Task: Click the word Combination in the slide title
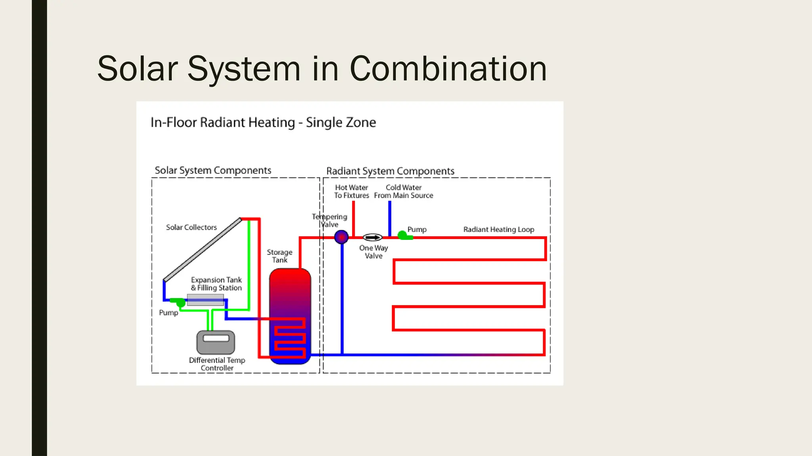pos(448,69)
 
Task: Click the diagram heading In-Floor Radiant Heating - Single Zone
pos(263,122)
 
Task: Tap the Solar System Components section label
pos(213,170)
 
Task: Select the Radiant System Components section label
pos(390,171)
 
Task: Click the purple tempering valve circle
pos(341,237)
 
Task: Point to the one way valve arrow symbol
pos(373,237)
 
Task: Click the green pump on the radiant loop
pos(403,236)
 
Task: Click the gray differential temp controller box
pos(216,342)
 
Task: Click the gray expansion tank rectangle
pos(205,300)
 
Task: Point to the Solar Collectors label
pos(192,227)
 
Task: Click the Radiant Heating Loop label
pos(499,230)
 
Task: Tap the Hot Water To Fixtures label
pos(351,192)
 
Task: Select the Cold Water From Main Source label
pos(404,192)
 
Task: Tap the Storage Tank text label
pos(280,256)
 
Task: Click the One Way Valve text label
pos(373,252)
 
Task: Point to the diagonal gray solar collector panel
pos(203,250)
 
